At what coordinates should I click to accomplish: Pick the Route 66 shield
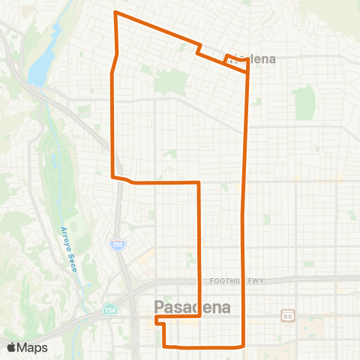click(287, 316)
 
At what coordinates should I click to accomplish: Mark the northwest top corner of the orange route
click(115, 12)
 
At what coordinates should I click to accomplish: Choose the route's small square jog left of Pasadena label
click(160, 320)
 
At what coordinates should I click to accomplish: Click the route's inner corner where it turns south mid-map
click(199, 182)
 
